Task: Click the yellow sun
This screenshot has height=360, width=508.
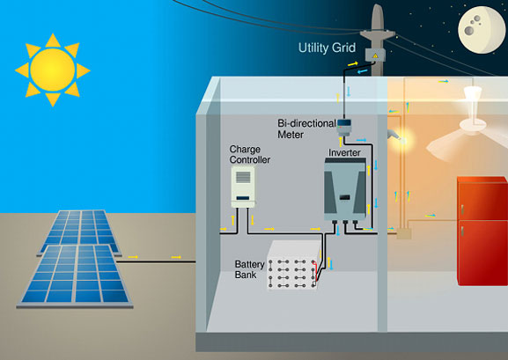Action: (x=53, y=70)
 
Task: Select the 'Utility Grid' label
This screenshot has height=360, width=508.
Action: (x=327, y=48)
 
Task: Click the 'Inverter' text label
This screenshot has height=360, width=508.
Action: (x=344, y=152)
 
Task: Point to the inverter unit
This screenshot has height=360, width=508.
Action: (x=345, y=189)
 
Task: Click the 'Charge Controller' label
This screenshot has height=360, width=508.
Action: (x=249, y=154)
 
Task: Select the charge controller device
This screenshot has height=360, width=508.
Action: (x=243, y=187)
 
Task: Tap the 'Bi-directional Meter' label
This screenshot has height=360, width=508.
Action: (x=306, y=129)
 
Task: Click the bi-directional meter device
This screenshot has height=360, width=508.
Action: (x=344, y=128)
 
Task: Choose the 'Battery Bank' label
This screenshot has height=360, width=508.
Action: (x=249, y=269)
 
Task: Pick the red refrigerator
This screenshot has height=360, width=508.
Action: (x=482, y=231)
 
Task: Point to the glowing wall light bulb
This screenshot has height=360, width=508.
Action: (x=402, y=140)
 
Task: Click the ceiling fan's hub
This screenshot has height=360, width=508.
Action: (x=473, y=124)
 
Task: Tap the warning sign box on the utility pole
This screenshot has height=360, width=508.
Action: (x=375, y=55)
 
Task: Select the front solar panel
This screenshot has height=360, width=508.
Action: (x=75, y=276)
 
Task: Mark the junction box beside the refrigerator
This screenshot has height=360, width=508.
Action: (x=404, y=233)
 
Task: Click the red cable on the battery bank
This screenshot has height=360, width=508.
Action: (x=314, y=270)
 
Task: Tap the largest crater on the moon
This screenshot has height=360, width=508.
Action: (x=468, y=31)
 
